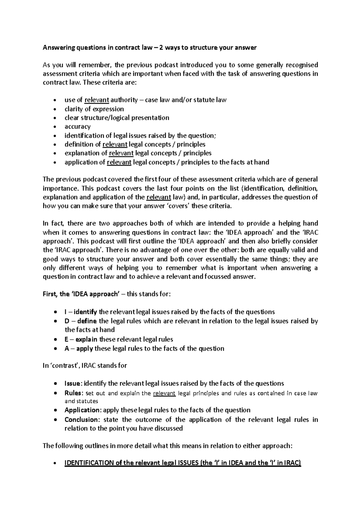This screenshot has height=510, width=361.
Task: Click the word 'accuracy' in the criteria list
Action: point(77,127)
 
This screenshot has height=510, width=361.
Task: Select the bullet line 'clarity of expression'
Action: point(94,109)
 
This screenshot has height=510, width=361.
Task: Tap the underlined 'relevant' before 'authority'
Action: point(97,100)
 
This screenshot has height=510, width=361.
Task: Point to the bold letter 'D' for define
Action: point(67,321)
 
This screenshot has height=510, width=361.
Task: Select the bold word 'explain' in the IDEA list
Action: point(86,339)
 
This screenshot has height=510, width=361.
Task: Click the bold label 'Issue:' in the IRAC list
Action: point(73,383)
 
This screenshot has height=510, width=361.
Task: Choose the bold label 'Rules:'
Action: point(73,393)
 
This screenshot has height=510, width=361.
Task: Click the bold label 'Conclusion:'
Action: point(82,419)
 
